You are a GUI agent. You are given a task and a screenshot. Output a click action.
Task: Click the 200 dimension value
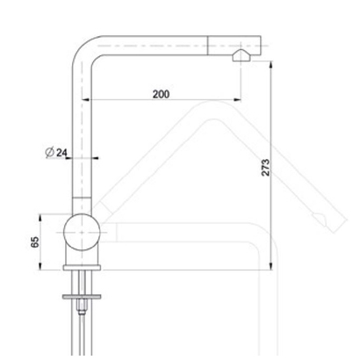161,94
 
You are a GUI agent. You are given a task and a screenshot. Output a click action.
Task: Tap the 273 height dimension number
265,167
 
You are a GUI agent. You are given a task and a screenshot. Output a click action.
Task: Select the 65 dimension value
35,242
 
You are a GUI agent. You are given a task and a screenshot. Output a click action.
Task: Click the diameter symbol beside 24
49,153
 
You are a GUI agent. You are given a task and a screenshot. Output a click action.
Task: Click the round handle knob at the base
83,232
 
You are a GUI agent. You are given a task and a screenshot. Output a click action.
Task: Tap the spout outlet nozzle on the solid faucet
241,55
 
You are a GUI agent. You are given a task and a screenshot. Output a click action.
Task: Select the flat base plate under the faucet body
82,267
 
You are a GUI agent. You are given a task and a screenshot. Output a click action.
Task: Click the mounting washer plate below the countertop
82,297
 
